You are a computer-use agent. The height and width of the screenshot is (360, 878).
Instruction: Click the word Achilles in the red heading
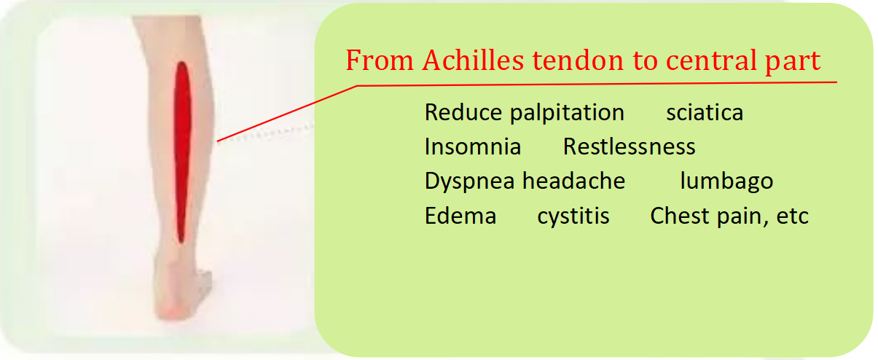coord(474,60)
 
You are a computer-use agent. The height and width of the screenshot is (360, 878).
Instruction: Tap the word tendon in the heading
coord(578,60)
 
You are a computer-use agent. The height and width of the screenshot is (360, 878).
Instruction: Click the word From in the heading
coord(380,60)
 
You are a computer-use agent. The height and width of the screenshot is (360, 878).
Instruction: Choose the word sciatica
coord(705,112)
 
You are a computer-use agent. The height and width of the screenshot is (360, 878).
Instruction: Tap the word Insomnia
coord(473,146)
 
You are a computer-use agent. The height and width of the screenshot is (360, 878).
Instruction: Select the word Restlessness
coord(629,146)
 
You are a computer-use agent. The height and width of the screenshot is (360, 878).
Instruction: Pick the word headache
coord(574,181)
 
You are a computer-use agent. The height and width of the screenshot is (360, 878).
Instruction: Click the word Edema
coord(460,216)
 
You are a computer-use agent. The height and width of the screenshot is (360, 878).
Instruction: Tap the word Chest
coord(681,216)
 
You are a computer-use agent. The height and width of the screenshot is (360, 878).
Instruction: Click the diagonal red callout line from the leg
coord(287,114)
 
